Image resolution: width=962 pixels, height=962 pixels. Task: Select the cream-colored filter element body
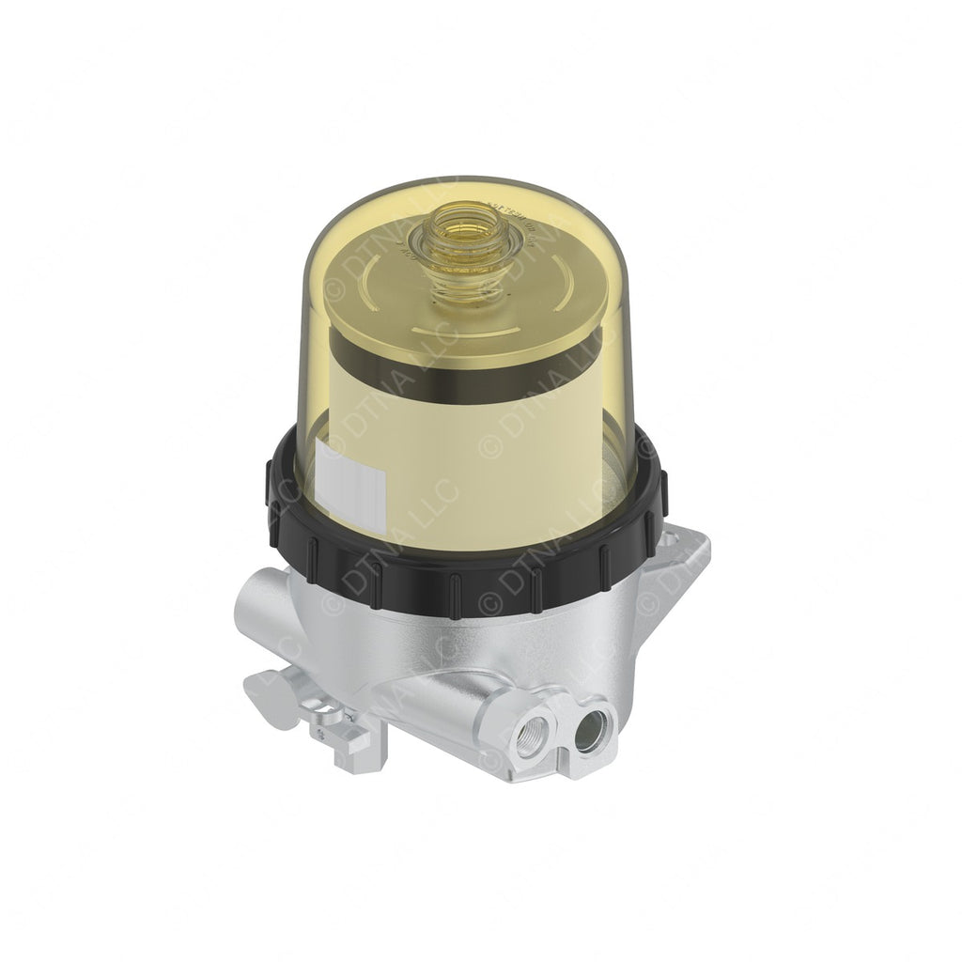470,451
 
